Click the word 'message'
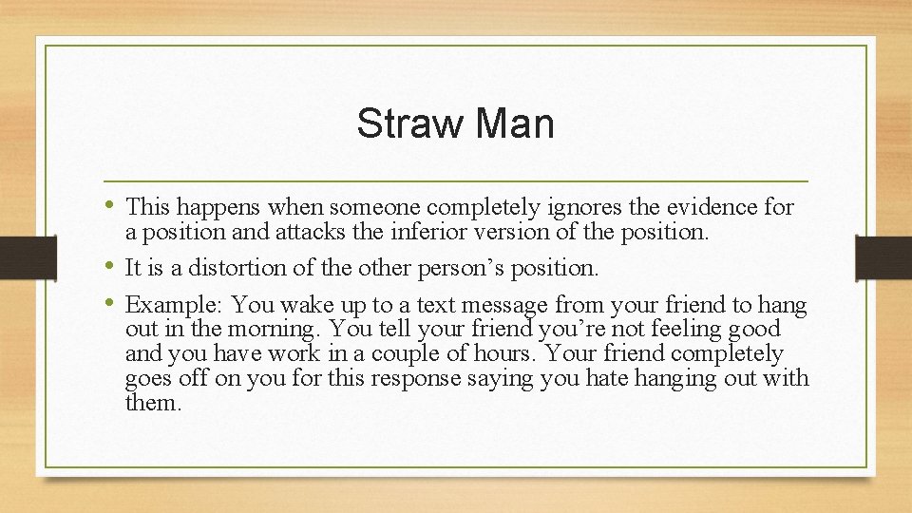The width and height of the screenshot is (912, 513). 503,306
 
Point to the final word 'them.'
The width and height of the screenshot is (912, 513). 153,403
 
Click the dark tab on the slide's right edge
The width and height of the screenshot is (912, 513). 883,257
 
